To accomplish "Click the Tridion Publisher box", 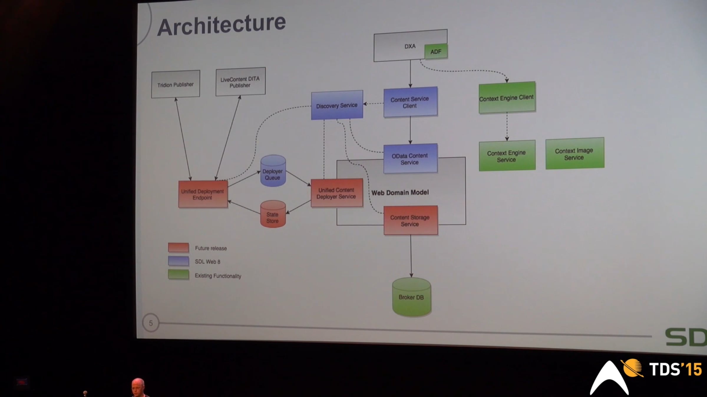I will click(x=176, y=84).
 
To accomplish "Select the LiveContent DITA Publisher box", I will click(x=240, y=82).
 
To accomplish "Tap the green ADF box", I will click(x=436, y=52).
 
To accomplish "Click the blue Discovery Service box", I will click(x=337, y=105).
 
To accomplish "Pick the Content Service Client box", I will click(x=410, y=102).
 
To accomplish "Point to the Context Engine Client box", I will click(x=507, y=98).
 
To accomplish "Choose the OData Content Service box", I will click(x=410, y=159).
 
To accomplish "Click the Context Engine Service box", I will click(x=507, y=156).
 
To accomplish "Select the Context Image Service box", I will click(x=574, y=154).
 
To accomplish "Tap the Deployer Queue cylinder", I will click(x=273, y=172).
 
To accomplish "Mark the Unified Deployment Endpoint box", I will click(x=203, y=194).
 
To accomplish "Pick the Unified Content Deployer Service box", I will click(x=337, y=193).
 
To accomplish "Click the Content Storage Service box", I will click(x=410, y=221).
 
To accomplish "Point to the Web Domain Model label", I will click(x=400, y=193).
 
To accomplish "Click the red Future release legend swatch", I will click(x=179, y=248).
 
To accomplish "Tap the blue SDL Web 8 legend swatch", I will click(x=179, y=261).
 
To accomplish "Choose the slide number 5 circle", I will click(x=151, y=323).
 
